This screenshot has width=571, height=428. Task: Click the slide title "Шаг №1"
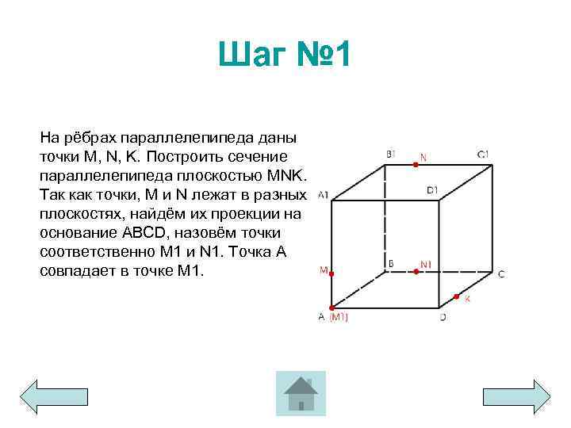(x=286, y=57)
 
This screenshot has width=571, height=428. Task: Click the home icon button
(x=301, y=393)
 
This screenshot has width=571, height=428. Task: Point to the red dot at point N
(x=416, y=165)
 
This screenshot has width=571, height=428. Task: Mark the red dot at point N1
(x=416, y=272)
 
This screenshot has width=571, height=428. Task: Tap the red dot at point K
(x=456, y=297)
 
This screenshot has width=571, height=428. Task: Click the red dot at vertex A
(x=331, y=308)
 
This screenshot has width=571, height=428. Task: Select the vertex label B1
(x=391, y=153)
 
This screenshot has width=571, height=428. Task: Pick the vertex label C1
(x=483, y=153)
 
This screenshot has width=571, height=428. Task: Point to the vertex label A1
(x=323, y=194)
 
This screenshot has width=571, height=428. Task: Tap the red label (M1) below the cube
(x=339, y=317)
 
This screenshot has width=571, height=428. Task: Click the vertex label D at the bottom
(x=443, y=317)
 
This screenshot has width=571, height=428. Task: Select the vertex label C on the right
(x=500, y=274)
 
